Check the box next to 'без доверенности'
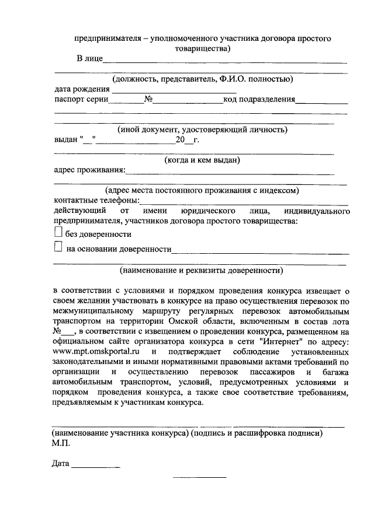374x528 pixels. pyautogui.click(x=58, y=233)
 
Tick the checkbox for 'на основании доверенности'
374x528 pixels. pyautogui.click(x=58, y=248)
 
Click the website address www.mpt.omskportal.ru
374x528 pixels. pyautogui.click(x=96, y=353)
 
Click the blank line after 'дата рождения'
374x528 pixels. pyautogui.click(x=174, y=89)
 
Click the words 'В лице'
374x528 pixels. pyautogui.click(x=90, y=58)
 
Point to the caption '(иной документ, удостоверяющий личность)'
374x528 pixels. pyautogui.click(x=202, y=130)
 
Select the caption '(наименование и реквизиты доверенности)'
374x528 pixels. pyautogui.click(x=202, y=270)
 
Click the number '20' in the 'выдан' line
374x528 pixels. pyautogui.click(x=179, y=140)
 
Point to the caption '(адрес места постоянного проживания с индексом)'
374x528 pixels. pyautogui.click(x=202, y=190)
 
